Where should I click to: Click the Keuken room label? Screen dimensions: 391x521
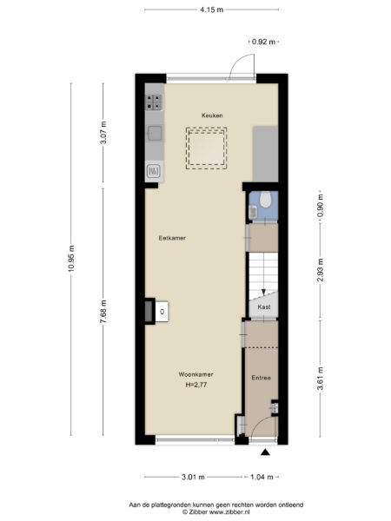[212, 115]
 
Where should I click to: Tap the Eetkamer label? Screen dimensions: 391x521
[172, 238]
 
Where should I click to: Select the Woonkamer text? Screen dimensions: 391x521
[195, 374]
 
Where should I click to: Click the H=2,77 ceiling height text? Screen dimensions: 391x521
[196, 385]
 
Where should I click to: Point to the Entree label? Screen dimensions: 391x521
[261, 378]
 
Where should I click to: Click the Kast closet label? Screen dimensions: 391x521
[263, 307]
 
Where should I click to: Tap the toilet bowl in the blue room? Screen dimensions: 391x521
[265, 200]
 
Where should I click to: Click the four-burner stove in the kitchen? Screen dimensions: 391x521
[155, 102]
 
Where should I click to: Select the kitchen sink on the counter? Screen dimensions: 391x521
[155, 133]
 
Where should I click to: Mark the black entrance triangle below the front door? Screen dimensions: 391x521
[265, 452]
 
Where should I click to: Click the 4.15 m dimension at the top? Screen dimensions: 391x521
[211, 10]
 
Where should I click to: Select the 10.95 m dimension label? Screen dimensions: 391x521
[71, 258]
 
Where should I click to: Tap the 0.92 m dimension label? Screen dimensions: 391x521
[263, 42]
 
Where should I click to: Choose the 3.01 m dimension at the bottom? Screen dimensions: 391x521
[193, 477]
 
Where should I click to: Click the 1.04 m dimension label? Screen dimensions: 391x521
[262, 477]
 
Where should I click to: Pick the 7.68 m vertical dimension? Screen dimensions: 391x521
[103, 312]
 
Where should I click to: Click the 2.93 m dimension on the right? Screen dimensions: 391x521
[320, 270]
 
